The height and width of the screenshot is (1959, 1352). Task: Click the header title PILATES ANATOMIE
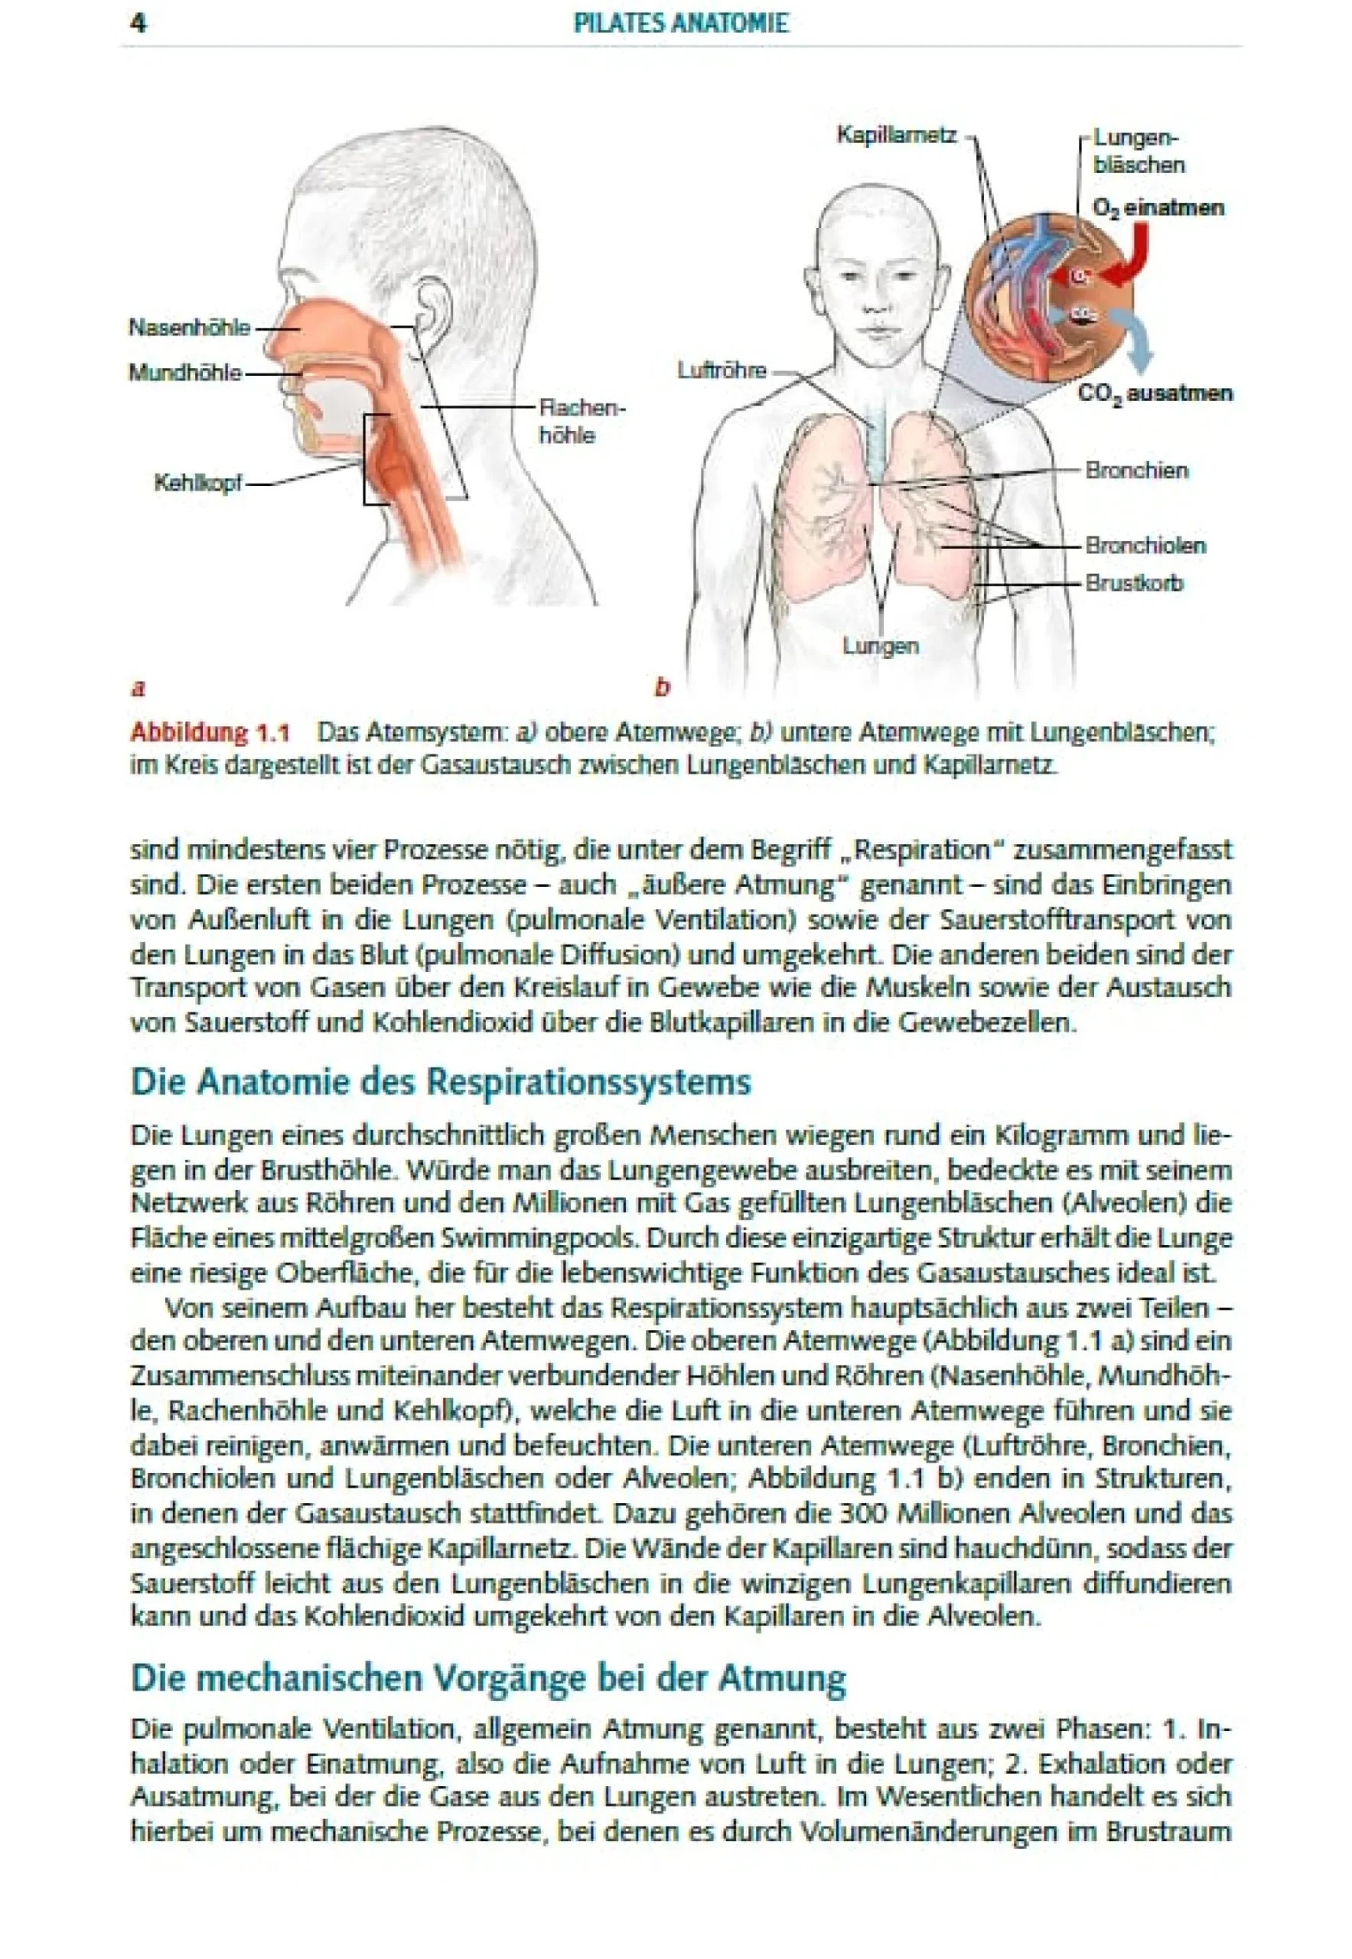[680, 23]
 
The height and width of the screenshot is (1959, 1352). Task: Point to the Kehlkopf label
[197, 483]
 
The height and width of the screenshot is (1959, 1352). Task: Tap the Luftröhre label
[721, 370]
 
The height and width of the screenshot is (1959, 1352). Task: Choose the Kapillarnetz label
[896, 135]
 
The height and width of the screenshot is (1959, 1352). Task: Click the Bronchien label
[1136, 471]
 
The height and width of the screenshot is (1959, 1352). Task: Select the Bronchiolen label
[1145, 545]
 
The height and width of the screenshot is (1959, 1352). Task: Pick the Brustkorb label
[1133, 583]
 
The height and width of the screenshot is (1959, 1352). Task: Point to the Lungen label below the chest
[880, 646]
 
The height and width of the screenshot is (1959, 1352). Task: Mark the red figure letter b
[662, 687]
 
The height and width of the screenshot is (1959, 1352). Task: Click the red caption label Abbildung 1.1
[209, 732]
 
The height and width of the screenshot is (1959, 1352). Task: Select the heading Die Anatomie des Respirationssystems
[441, 1083]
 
